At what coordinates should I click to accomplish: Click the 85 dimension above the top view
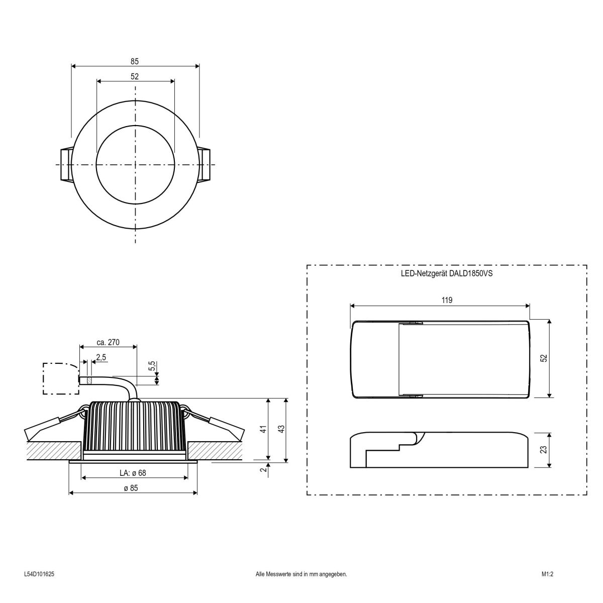tap(135, 61)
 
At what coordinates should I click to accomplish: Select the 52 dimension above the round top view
tap(135, 76)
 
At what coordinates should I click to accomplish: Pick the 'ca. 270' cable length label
tap(108, 342)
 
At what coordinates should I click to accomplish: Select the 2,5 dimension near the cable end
tap(100, 357)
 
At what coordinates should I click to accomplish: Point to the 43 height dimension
tap(281, 429)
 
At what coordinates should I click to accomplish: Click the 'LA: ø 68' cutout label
tap(133, 473)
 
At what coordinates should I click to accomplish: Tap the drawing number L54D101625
tap(39, 573)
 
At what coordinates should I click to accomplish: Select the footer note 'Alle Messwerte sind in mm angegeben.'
tap(301, 573)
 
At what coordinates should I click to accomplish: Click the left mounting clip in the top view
tap(66, 164)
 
